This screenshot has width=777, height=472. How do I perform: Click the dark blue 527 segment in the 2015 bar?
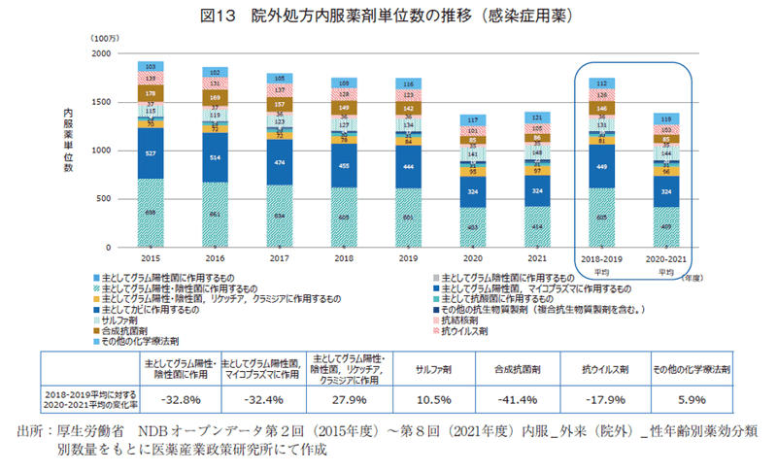[x=151, y=153]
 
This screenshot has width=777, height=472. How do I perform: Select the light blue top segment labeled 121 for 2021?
[x=537, y=118]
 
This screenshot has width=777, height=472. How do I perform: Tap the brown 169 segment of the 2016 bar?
[x=215, y=98]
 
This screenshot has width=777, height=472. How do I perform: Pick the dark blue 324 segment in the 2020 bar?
[x=473, y=191]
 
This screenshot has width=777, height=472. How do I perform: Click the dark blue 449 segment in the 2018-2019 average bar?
[x=601, y=166]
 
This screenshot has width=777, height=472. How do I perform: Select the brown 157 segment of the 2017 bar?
[x=280, y=103]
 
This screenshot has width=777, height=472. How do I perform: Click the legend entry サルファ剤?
[x=123, y=320]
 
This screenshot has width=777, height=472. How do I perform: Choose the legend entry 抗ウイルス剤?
[x=463, y=330]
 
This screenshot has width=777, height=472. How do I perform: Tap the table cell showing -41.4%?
[x=525, y=399]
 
